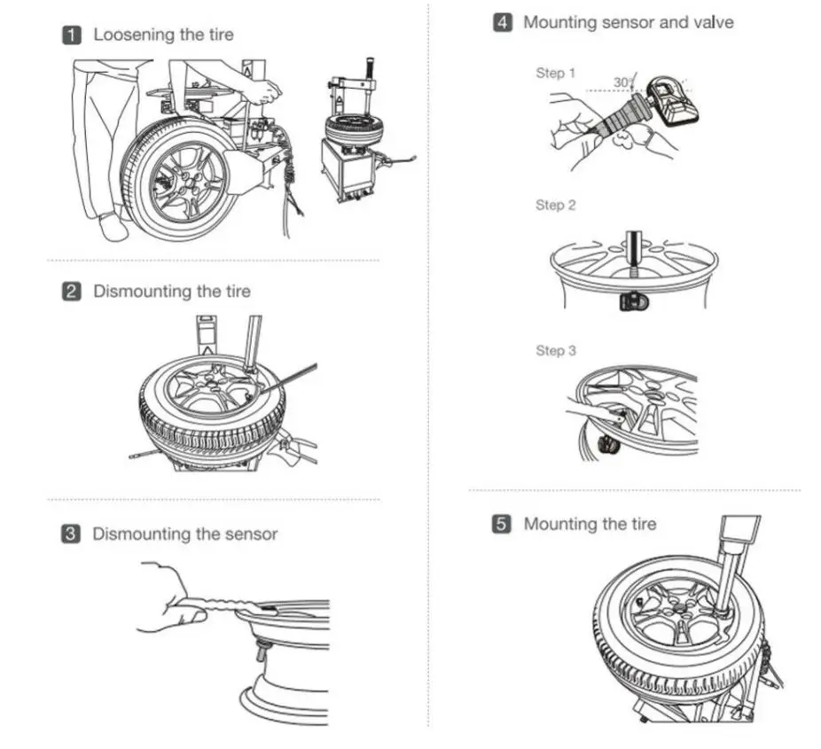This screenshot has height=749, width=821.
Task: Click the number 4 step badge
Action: coord(503,22)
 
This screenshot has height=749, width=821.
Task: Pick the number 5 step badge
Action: coord(503,524)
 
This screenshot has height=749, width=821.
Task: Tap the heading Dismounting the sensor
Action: coord(184,534)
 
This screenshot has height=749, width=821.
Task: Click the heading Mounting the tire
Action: coord(590,524)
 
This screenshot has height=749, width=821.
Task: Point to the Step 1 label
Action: coord(555,73)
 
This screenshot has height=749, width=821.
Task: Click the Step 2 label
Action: coord(555,205)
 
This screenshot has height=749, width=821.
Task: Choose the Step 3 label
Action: coord(555,350)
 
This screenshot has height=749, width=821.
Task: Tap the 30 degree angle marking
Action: coord(622,82)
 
